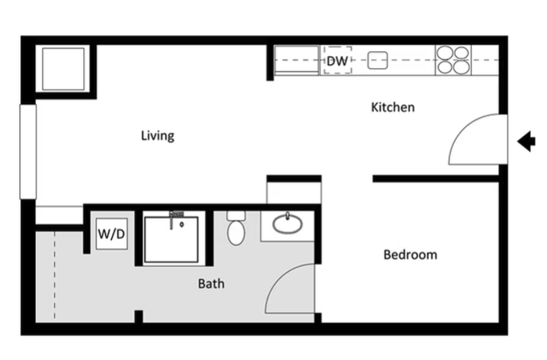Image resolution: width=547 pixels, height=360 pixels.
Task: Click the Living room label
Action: (158, 136)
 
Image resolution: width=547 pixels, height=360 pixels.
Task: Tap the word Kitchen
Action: (393, 107)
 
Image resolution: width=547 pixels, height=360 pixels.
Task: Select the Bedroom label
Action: (410, 254)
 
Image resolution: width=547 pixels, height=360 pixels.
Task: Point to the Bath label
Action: (211, 284)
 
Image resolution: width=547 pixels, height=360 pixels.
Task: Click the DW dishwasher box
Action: (337, 60)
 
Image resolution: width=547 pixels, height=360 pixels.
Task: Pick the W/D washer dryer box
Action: (112, 234)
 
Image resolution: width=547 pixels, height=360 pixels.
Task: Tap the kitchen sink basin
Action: (377, 60)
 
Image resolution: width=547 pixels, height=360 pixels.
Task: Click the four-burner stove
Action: (453, 60)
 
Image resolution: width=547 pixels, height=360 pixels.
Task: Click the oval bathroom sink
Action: (287, 224)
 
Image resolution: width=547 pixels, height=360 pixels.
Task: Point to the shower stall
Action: (172, 239)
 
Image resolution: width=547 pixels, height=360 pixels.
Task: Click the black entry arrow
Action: (526, 142)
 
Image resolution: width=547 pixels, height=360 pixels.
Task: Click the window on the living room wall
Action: (28, 152)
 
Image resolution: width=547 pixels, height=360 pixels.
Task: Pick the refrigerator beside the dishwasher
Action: (297, 60)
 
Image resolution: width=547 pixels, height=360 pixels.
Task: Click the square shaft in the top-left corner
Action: (63, 69)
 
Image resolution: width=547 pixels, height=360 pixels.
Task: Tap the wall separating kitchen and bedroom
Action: (436, 179)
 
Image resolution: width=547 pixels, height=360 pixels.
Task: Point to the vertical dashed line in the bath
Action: (54, 275)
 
